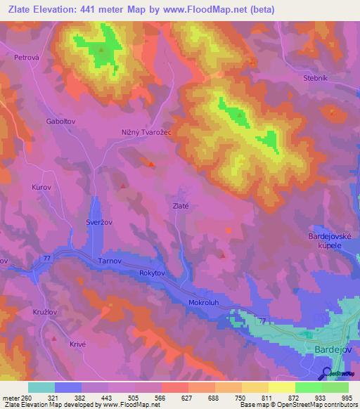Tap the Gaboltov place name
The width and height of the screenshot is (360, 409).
coord(61,121)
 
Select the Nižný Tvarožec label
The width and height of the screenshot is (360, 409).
coord(147,131)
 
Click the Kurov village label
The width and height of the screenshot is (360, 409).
coord(42,188)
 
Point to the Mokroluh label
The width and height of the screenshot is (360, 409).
coord(205,303)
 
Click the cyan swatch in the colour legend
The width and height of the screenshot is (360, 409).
coord(41,387)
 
